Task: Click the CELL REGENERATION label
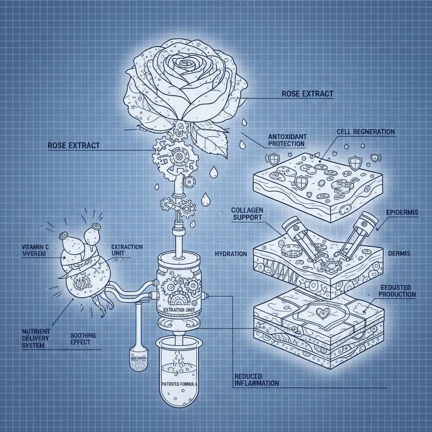tap(365, 132)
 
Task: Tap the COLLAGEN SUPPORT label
tap(247, 213)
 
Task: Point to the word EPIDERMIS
tap(402, 213)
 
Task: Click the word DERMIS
tap(399, 254)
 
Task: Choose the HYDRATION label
tap(230, 254)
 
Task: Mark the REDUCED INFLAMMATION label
tap(256, 379)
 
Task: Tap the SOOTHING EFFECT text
tap(82, 338)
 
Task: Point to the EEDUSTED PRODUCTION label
tap(396, 290)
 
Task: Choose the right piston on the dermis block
tap(356, 234)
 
